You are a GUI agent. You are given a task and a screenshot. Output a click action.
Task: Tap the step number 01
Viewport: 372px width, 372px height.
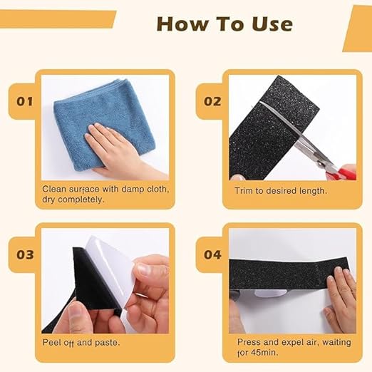pos(25,101)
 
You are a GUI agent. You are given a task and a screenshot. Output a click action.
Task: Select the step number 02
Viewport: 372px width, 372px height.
pos(212,101)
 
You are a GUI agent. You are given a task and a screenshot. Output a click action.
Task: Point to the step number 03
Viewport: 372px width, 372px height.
pos(25,254)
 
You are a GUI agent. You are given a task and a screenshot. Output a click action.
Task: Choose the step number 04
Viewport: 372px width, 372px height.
pos(212,254)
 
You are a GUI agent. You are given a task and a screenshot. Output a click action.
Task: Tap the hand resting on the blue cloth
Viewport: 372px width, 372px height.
pos(114,146)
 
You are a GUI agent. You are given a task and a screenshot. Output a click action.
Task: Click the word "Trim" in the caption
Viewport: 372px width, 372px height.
pos(244,191)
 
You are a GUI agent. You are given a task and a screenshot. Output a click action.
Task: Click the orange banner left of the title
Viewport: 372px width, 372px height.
pos(57,20)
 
